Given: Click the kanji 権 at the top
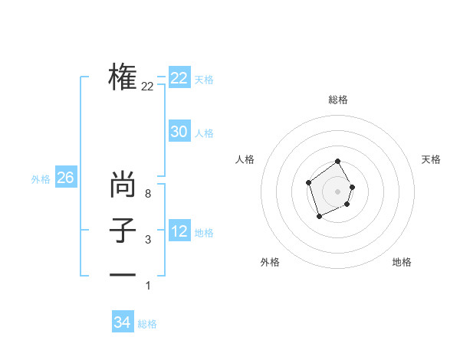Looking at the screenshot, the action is point(123,77).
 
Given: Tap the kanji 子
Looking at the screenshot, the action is point(123,231).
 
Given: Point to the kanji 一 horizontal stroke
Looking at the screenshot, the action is point(123,274).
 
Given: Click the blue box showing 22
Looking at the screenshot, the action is point(179,78).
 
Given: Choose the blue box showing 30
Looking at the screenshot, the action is point(179,132).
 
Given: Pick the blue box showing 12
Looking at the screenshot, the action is point(179,231).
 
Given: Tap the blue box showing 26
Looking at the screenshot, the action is point(65,178).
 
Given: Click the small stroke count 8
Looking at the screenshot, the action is point(147,194).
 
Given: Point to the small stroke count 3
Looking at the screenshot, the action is point(147,240).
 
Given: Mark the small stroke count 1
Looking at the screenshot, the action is point(148,286).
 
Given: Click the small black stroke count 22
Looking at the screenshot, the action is point(147,87).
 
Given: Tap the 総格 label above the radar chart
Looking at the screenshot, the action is point(338,100).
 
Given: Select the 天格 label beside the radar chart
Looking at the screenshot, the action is point(431,159).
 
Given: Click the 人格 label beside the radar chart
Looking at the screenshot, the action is point(245,159).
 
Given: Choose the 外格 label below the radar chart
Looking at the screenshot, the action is point(270,262).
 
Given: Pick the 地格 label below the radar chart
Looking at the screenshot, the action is point(402,262).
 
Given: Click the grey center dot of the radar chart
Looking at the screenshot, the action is point(337,191).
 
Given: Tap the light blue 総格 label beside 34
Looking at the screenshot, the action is point(147,324).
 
